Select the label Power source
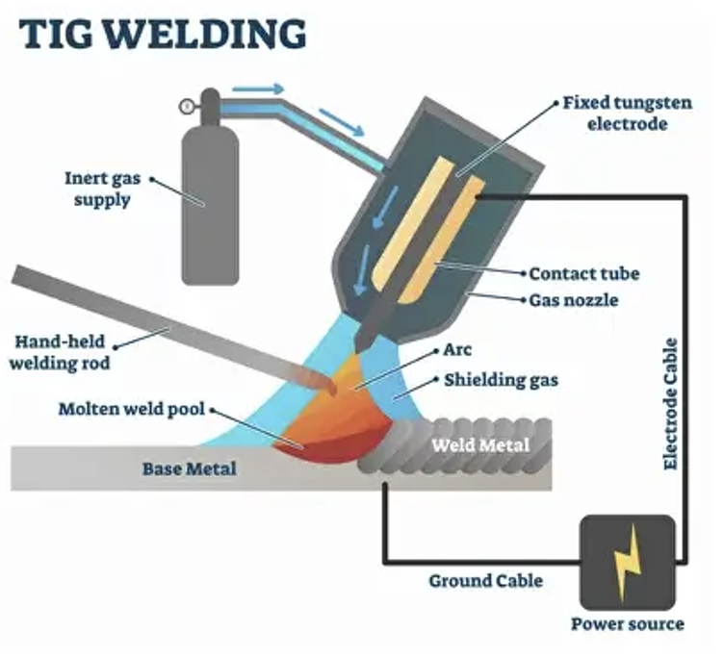point(627,623)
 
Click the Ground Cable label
point(485,580)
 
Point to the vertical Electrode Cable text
point(670,403)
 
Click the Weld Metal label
point(478,445)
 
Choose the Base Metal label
point(189,469)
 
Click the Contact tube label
point(583,274)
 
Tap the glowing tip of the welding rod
point(327,387)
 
